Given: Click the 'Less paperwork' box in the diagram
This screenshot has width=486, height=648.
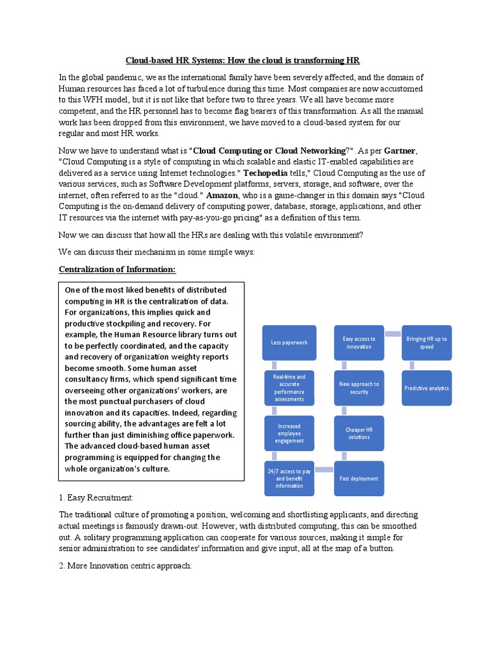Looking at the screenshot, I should pos(289,343).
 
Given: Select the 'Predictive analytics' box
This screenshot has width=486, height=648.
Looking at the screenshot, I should pos(427,388).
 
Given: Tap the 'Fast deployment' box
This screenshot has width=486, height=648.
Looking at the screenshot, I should pos(359,478).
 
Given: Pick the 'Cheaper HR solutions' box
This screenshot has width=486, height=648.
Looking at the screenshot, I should pos(359,433).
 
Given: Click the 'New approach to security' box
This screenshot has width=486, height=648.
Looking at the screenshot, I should pos(359,388).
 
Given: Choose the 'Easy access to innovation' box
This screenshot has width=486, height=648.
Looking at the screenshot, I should pos(359,343).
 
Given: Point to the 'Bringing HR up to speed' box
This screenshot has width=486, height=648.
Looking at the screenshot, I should pos(427,343).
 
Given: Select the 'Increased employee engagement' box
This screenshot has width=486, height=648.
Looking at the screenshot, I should pos(289,433).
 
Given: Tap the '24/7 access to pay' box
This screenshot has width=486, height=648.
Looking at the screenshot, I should pos(289,478).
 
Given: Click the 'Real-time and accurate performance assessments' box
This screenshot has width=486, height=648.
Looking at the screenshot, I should pos(289,388).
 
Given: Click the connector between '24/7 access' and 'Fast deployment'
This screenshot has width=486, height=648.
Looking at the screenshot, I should pos(324,470).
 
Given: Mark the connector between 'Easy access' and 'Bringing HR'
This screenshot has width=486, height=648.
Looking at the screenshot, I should pos(392,333).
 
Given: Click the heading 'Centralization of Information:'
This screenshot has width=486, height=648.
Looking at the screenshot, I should pos(117,270).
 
